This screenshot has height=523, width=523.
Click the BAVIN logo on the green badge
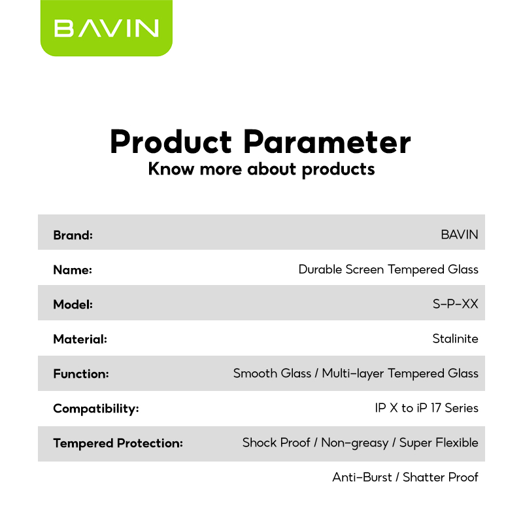pyautogui.click(x=106, y=27)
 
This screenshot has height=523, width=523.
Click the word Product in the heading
pyautogui.click(x=171, y=142)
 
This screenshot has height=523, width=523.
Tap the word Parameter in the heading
pyautogui.click(x=328, y=142)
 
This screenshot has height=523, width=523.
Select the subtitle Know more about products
pyautogui.click(x=261, y=169)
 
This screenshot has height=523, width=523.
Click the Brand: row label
pyautogui.click(x=73, y=235)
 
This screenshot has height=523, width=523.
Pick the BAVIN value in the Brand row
pyautogui.click(x=460, y=235)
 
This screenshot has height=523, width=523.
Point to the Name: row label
pyautogui.click(x=73, y=270)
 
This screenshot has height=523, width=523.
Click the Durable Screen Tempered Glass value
pyautogui.click(x=388, y=269)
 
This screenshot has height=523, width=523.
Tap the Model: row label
pyautogui.click(x=73, y=305)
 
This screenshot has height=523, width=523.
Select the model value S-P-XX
pyautogui.click(x=455, y=304)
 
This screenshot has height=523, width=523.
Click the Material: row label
pyautogui.click(x=80, y=339)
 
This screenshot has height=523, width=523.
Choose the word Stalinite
pyautogui.click(x=455, y=339)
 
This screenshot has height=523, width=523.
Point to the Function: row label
pyautogui.click(x=81, y=374)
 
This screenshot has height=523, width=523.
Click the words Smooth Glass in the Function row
pyautogui.click(x=272, y=373)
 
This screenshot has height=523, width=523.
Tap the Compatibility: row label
pyautogui.click(x=96, y=409)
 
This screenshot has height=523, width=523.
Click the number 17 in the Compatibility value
pyautogui.click(x=435, y=408)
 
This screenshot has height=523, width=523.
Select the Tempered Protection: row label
pyautogui.click(x=118, y=443)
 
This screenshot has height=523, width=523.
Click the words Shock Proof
pyautogui.click(x=277, y=443)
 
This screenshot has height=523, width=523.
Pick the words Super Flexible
pyautogui.click(x=439, y=443)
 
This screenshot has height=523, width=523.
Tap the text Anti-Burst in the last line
pyautogui.click(x=362, y=477)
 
